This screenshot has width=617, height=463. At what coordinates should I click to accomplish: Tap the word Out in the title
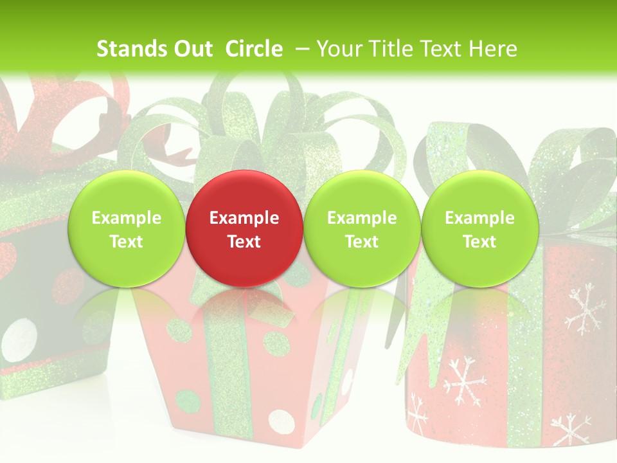pyautogui.click(x=193, y=49)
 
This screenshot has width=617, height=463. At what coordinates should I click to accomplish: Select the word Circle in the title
pyautogui.click(x=254, y=49)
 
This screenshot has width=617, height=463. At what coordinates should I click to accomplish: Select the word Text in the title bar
pyautogui.click(x=438, y=49)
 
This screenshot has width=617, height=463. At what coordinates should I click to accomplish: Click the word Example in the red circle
pyautogui.click(x=244, y=218)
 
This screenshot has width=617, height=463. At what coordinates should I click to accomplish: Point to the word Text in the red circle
pyautogui.click(x=244, y=242)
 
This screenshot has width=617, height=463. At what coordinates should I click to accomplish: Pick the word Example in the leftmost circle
pyautogui.click(x=126, y=218)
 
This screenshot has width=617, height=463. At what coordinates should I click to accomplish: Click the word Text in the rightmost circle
pyautogui.click(x=479, y=242)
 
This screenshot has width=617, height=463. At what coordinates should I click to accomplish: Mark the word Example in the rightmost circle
pyautogui.click(x=479, y=218)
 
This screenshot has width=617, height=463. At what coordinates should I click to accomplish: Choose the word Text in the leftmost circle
pyautogui.click(x=126, y=242)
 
